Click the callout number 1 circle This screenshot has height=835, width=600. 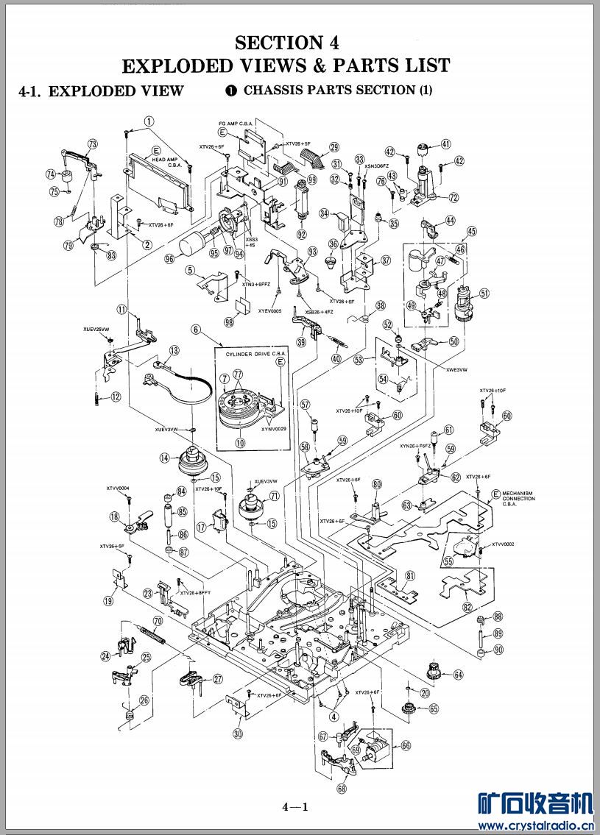tap(149, 121)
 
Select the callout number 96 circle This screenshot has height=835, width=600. tap(170, 258)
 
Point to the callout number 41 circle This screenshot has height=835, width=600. tap(446, 144)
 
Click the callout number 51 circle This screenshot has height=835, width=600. tap(484, 293)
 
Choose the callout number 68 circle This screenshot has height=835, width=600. tap(342, 788)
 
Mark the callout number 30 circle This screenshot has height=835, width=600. tap(237, 733)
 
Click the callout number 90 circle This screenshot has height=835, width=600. tap(498, 650)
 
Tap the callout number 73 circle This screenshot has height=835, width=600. tap(93, 144)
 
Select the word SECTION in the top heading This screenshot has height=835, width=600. tap(271, 43)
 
